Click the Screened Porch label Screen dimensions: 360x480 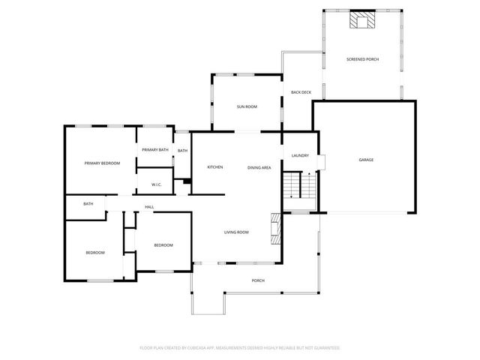(361, 59)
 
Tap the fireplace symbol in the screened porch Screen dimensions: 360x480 (363, 20)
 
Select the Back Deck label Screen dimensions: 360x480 (301, 92)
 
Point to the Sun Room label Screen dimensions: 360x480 (247, 107)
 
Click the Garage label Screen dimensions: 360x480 (366, 160)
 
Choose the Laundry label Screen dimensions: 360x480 (300, 155)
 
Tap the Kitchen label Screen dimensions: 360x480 (215, 167)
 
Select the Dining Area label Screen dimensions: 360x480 (259, 167)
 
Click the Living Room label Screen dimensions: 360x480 (236, 232)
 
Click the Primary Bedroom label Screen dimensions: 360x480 (102, 163)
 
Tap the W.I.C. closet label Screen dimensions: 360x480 (157, 184)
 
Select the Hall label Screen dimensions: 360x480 (149, 207)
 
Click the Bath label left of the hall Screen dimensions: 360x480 (88, 204)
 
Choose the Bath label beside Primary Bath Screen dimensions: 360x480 (182, 151)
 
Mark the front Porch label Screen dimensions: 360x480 (258, 280)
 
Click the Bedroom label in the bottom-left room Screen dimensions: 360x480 (94, 252)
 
